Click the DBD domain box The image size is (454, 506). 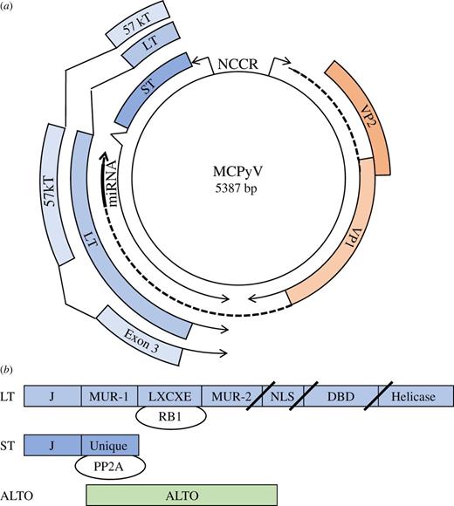[341, 395]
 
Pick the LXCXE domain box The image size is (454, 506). [171, 395]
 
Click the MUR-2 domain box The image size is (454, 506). [229, 395]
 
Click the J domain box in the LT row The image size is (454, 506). [52, 395]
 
